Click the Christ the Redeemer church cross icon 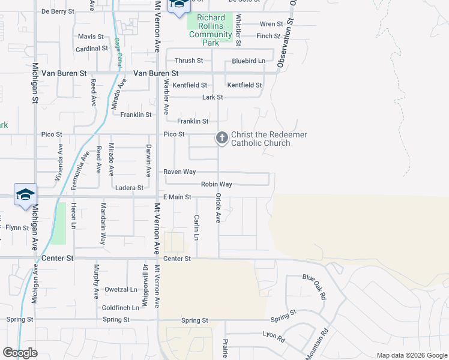(x=221, y=139)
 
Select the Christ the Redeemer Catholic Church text (x=269, y=139)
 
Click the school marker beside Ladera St (x=25, y=195)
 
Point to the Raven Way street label (x=180, y=172)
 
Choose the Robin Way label (x=216, y=184)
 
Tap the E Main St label (x=177, y=197)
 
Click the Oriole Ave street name (x=218, y=208)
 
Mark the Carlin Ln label (x=196, y=227)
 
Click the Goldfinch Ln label (x=121, y=307)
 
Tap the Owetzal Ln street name (x=121, y=289)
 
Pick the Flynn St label (x=17, y=227)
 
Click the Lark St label (x=212, y=97)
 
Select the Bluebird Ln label (x=249, y=61)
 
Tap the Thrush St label (x=189, y=61)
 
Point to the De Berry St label (x=58, y=11)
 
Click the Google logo (x=20, y=353)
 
